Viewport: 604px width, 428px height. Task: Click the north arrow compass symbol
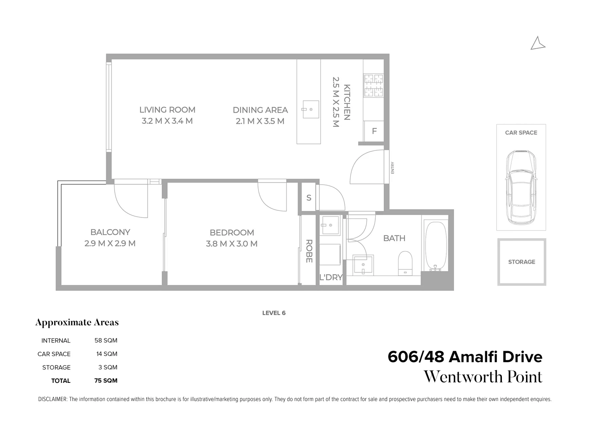click(x=538, y=44)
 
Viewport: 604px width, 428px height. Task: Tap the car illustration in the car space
click(x=521, y=188)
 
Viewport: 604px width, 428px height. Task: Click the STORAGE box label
click(x=521, y=262)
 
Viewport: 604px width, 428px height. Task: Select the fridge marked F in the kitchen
click(x=374, y=131)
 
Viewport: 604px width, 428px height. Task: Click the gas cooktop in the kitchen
click(x=373, y=86)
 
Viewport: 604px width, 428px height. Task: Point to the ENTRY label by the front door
click(x=393, y=168)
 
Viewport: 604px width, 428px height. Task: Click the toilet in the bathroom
click(x=405, y=262)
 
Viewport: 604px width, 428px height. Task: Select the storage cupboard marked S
click(x=309, y=197)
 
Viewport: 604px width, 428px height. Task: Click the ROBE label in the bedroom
click(x=309, y=251)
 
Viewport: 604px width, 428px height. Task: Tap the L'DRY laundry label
click(x=331, y=277)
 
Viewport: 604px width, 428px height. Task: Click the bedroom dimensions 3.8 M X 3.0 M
click(x=232, y=244)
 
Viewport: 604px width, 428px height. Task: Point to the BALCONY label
click(x=110, y=232)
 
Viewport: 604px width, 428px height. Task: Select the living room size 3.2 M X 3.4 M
click(x=167, y=121)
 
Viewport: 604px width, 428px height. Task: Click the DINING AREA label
click(x=260, y=110)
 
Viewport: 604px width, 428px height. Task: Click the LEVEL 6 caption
click(x=274, y=313)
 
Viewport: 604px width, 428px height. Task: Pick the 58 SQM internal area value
click(x=106, y=340)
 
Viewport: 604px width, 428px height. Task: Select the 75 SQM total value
click(x=106, y=381)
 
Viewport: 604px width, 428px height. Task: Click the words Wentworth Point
click(x=483, y=377)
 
